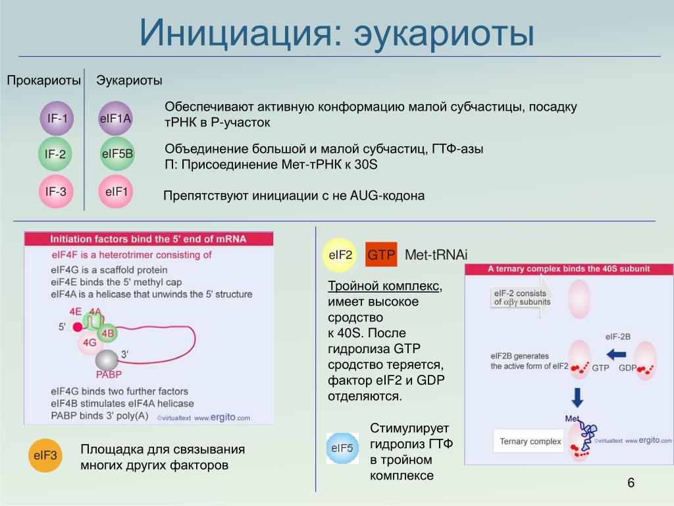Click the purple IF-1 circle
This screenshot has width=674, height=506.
tap(57, 119)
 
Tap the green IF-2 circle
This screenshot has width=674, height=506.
tap(55, 155)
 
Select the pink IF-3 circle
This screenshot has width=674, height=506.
tap(55, 192)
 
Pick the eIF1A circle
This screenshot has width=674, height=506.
tap(116, 119)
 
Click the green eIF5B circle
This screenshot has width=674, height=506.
tap(117, 155)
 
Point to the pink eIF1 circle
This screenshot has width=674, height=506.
tap(116, 192)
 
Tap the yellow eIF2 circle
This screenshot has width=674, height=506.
tap(340, 255)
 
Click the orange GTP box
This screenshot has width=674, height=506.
tap(381, 255)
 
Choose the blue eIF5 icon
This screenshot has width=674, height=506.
tap(342, 449)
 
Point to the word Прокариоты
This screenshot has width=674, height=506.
tap(44, 80)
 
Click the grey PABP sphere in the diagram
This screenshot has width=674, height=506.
tap(107, 360)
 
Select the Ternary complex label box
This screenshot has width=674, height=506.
tap(531, 441)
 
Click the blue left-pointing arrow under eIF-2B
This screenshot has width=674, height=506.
tap(616, 354)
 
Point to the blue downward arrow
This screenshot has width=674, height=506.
tap(577, 397)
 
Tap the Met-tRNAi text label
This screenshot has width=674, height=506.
tap(436, 255)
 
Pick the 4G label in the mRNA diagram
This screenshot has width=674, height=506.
tap(89, 343)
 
